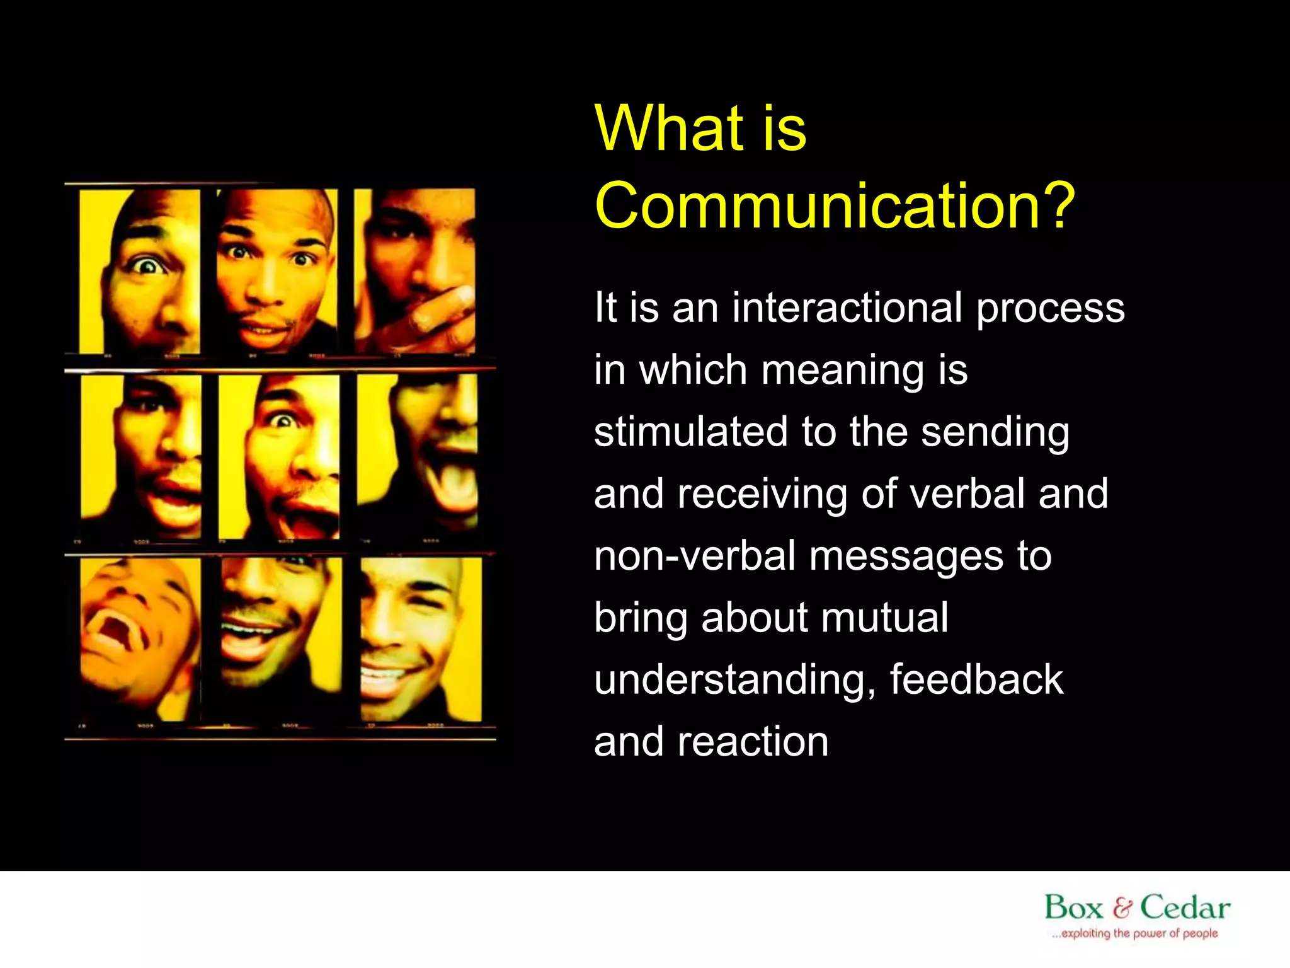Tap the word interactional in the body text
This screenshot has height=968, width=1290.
pos(847,309)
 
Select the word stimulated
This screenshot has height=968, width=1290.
pos(690,432)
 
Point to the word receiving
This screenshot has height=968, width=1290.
pos(762,495)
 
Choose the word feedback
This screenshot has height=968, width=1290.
pos(976,680)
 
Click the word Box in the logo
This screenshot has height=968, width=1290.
pos(1074,908)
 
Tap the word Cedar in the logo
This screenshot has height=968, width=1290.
pos(1185,908)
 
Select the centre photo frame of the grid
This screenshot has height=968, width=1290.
pos(279,458)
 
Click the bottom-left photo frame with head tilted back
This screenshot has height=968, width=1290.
pos(140,639)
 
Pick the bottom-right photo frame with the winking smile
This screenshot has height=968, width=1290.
pos(421,639)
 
